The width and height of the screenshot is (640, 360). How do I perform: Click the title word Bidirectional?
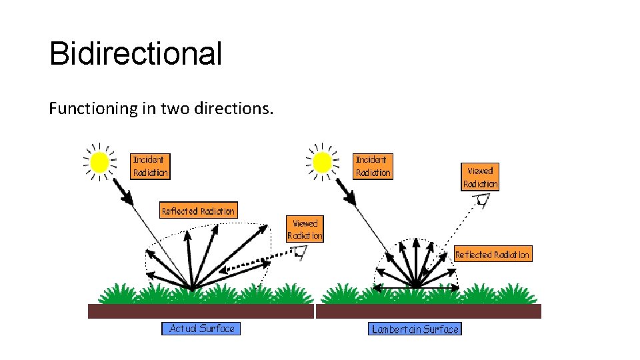point(135,54)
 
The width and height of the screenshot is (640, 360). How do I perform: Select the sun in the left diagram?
point(100,162)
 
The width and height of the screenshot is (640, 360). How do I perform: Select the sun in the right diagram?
point(323,162)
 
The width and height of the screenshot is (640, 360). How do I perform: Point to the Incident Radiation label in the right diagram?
point(373,166)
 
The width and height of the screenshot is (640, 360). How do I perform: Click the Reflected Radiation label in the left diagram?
point(199,211)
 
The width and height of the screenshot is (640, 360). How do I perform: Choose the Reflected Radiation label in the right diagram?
point(493,254)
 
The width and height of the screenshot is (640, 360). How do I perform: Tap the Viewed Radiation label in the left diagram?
point(305,229)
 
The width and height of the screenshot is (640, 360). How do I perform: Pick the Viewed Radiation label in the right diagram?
point(480,177)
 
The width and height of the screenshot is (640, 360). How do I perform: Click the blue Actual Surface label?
point(201,328)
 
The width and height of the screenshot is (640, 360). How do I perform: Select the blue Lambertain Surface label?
point(415,329)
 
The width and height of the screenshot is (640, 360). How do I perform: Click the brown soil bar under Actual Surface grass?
point(201,311)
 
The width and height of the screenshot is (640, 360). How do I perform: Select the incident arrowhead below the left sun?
point(124,196)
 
